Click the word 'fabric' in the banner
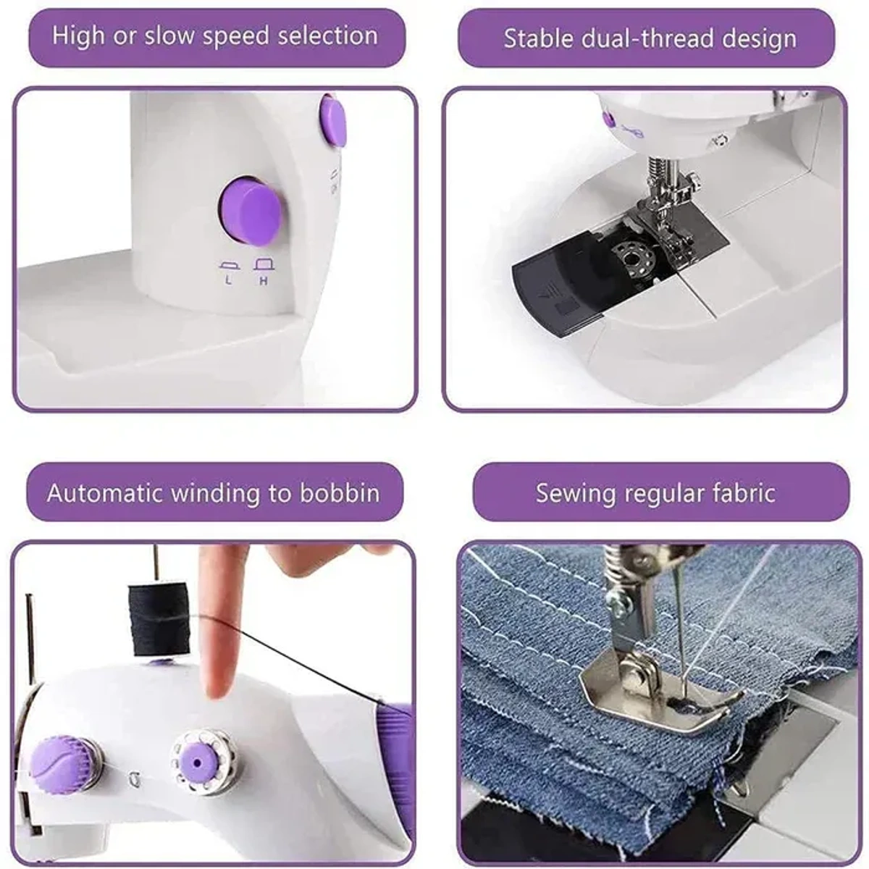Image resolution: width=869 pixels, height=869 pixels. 743,493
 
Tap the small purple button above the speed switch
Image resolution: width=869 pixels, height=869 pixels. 333,122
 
